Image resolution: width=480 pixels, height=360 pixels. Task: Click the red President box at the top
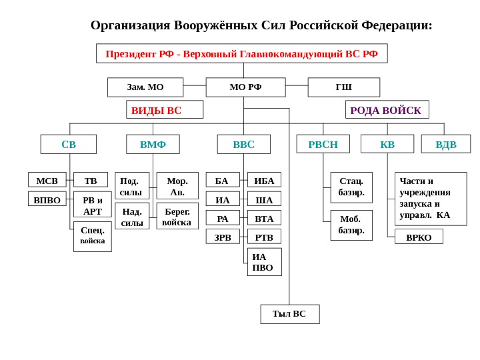pyautogui.click(x=241, y=53)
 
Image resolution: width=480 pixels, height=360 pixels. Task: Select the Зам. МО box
pyautogui.click(x=145, y=87)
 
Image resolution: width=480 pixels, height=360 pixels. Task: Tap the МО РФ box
pyautogui.click(x=245, y=87)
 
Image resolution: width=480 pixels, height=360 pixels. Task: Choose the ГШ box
pyautogui.click(x=343, y=87)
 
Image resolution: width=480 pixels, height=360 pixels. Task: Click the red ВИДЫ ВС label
pyautogui.click(x=165, y=110)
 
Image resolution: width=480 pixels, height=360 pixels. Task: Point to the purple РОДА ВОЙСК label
pyautogui.click(x=387, y=110)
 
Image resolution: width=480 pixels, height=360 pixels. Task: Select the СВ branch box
pyautogui.click(x=69, y=144)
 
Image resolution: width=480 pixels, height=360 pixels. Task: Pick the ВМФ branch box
pyautogui.click(x=153, y=144)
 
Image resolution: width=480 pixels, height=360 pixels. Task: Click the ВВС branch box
pyautogui.click(x=244, y=144)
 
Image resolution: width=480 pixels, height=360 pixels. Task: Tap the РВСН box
pyautogui.click(x=323, y=144)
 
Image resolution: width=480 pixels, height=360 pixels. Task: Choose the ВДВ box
pyautogui.click(x=446, y=144)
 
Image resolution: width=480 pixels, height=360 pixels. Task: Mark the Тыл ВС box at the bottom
pyautogui.click(x=289, y=314)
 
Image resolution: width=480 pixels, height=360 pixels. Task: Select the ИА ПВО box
pyautogui.click(x=264, y=262)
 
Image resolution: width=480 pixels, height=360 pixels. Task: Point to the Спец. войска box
pyautogui.click(x=93, y=237)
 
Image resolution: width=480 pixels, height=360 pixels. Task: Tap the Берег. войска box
pyautogui.click(x=177, y=216)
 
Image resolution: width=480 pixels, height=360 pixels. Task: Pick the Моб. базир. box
pyautogui.click(x=351, y=225)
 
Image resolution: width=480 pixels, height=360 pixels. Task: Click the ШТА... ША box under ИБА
pyautogui.click(x=264, y=199)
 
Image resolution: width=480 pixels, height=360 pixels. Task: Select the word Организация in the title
pyautogui.click(x=131, y=26)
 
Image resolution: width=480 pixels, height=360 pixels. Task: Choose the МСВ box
pyautogui.click(x=47, y=180)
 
